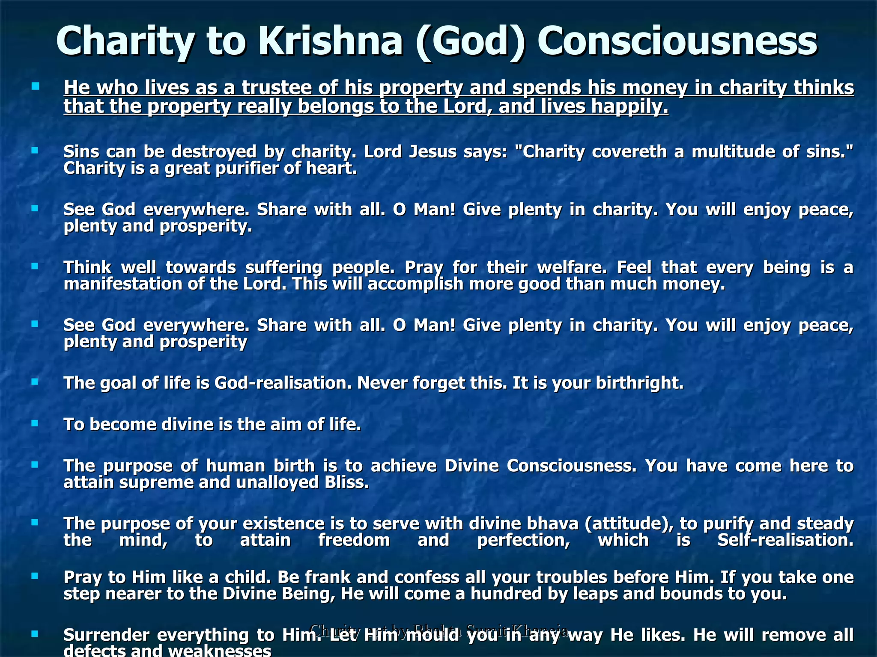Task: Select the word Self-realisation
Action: (x=785, y=540)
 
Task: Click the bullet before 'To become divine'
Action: (x=35, y=423)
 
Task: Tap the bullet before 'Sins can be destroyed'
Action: (x=35, y=150)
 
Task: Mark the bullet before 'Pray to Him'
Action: (x=35, y=576)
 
